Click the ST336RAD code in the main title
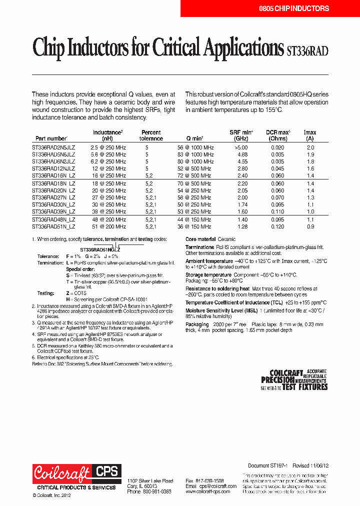pyautogui.click(x=307, y=50)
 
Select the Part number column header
pyautogui.click(x=51, y=138)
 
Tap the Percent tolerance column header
pyautogui.click(x=151, y=135)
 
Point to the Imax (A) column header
pyautogui.click(x=310, y=135)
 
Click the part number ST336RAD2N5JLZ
pyautogui.click(x=53, y=148)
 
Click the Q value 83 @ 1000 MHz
pyautogui.click(x=195, y=155)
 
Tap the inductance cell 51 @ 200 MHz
pyautogui.click(x=108, y=227)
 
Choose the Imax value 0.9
pyautogui.click(x=310, y=227)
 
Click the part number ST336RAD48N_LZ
pyautogui.click(x=53, y=220)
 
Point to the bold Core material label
pyautogui.click(x=200, y=239)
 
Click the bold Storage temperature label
pyautogui.click(x=208, y=274)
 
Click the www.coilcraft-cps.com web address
pyautogui.click(x=207, y=491)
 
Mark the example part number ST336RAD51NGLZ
pyautogui.click(x=100, y=248)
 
